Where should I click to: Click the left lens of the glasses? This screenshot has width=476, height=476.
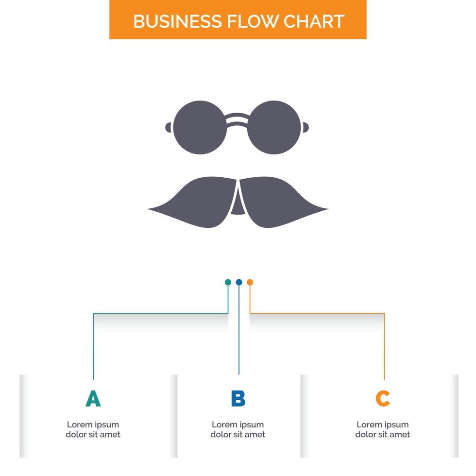click(200, 127)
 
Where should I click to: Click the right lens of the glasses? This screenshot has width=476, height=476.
click(276, 127)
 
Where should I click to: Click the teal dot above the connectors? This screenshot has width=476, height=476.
click(228, 282)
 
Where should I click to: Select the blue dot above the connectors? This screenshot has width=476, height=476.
click(238, 282)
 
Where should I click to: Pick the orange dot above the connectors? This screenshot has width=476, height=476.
click(250, 282)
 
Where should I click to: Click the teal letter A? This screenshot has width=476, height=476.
click(93, 399)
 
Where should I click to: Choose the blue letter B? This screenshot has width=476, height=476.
click(238, 399)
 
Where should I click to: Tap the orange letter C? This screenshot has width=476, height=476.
click(383, 399)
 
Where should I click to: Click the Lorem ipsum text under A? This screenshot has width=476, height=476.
click(93, 429)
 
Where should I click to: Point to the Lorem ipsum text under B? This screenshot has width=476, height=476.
click(238, 429)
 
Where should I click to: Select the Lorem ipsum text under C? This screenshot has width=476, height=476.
click(383, 429)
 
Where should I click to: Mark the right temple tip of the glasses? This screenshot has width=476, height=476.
click(307, 127)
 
